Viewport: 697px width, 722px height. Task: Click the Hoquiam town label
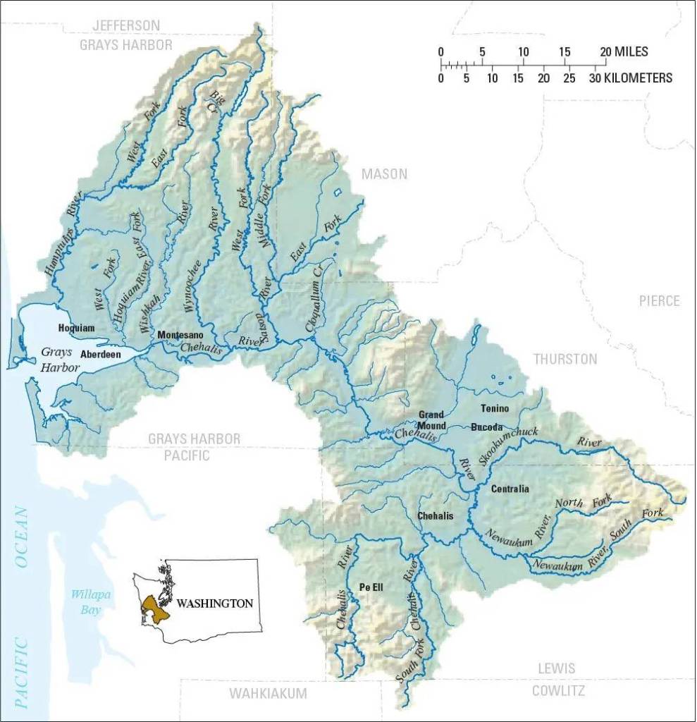pyautogui.click(x=76, y=328)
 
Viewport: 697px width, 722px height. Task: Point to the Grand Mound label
pyautogui.click(x=431, y=420)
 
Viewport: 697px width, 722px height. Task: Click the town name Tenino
pyautogui.click(x=494, y=408)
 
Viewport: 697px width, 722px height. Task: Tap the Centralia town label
pyautogui.click(x=510, y=489)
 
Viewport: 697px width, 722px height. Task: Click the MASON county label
pyautogui.click(x=384, y=174)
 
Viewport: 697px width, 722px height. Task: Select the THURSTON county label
pyautogui.click(x=565, y=359)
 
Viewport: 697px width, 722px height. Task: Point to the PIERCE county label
pyautogui.click(x=659, y=301)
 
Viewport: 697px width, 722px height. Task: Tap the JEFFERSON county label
pyautogui.click(x=126, y=25)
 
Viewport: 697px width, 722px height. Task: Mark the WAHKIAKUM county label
pyautogui.click(x=268, y=694)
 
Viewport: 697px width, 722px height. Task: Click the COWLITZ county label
pyautogui.click(x=558, y=690)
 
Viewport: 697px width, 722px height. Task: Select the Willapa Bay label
pyautogui.click(x=86, y=601)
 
